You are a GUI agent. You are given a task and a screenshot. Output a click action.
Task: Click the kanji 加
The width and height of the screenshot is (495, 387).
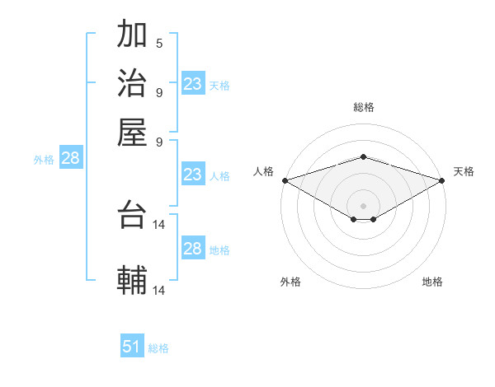pyautogui.click(x=133, y=35)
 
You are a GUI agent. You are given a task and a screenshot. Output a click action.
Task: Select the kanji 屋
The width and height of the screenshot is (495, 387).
pyautogui.click(x=133, y=132)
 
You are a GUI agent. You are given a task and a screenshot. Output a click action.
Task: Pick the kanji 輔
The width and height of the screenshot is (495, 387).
pyautogui.click(x=133, y=280)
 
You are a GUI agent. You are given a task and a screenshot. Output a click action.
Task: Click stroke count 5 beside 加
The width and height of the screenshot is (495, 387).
pyautogui.click(x=159, y=44)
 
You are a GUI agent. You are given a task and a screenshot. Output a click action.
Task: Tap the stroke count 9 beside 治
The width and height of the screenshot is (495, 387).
pyautogui.click(x=159, y=91)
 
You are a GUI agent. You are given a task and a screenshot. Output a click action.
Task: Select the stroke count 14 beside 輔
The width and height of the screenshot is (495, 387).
pyautogui.click(x=160, y=290)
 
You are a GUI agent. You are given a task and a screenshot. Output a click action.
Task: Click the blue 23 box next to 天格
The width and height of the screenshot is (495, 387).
pyautogui.click(x=193, y=84)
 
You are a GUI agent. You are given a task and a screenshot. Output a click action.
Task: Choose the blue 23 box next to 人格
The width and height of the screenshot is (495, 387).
pyautogui.click(x=193, y=175)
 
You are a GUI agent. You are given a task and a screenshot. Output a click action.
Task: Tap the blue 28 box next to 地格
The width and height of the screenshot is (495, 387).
pyautogui.click(x=193, y=249)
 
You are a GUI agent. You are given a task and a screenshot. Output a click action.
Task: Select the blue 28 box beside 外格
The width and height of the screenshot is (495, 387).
pyautogui.click(x=70, y=159)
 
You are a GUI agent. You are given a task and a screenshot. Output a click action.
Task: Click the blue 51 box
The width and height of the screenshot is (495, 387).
pyautogui.click(x=132, y=347)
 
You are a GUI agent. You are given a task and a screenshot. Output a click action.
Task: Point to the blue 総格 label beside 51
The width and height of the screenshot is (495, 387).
pyautogui.click(x=158, y=348)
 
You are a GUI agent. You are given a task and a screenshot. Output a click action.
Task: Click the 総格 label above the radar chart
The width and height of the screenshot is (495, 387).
pyautogui.click(x=364, y=107)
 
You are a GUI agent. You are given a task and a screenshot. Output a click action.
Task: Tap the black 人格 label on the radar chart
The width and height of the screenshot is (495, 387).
pyautogui.click(x=264, y=171)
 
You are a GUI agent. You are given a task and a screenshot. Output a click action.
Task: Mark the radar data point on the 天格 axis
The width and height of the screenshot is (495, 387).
pyautogui.click(x=442, y=180)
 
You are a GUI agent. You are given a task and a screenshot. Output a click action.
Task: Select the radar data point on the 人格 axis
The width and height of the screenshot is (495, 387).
pyautogui.click(x=285, y=180)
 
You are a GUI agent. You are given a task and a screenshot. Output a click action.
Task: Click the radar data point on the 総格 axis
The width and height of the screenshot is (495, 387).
pyautogui.click(x=364, y=156)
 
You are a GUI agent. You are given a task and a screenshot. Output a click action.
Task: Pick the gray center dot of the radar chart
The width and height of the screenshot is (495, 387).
pyautogui.click(x=364, y=205)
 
